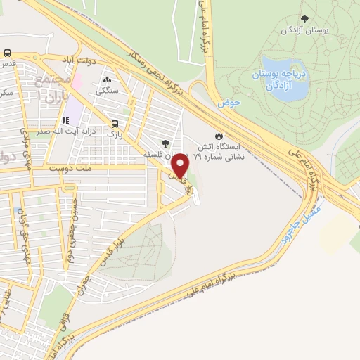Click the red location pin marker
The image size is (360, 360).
coord(181,166)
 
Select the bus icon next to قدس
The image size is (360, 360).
coord(7,53)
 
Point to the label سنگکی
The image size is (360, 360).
coord(108,90)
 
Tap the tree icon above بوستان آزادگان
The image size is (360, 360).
coord(304,19)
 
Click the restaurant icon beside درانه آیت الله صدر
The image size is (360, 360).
coord(66,121)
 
